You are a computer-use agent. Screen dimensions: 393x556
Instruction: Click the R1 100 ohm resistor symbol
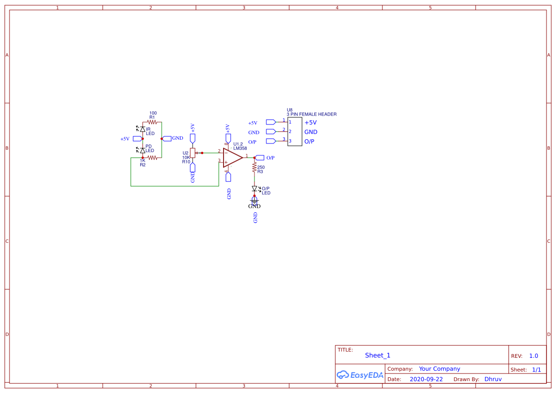[x=152, y=122]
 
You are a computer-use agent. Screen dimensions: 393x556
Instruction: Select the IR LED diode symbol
[x=142, y=129]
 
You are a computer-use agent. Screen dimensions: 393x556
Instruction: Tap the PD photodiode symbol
[x=142, y=150]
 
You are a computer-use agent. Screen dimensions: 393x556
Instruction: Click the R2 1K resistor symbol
[x=152, y=157]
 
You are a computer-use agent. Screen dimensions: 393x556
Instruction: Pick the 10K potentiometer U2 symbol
[x=193, y=153]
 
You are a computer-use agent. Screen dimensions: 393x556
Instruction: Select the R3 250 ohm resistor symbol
[x=254, y=168]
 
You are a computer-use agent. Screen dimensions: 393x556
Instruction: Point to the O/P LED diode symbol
[x=254, y=189]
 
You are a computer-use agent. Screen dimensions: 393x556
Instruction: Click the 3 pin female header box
[x=294, y=132]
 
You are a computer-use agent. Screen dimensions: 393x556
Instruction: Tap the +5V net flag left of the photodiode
[x=137, y=139]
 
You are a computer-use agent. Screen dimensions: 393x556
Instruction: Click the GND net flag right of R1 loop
[x=167, y=138]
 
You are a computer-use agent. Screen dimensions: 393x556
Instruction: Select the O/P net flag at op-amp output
[x=260, y=158]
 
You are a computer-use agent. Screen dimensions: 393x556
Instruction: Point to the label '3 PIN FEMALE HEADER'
[x=312, y=115]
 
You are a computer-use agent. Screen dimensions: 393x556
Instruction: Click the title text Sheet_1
[x=378, y=355]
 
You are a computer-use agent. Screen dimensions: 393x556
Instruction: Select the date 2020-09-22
[x=426, y=379]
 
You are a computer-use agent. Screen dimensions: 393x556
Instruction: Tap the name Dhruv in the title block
[x=493, y=379]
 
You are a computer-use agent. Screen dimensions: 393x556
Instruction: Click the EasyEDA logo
[x=360, y=374]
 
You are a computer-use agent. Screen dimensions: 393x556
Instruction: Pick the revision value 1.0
[x=534, y=356]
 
